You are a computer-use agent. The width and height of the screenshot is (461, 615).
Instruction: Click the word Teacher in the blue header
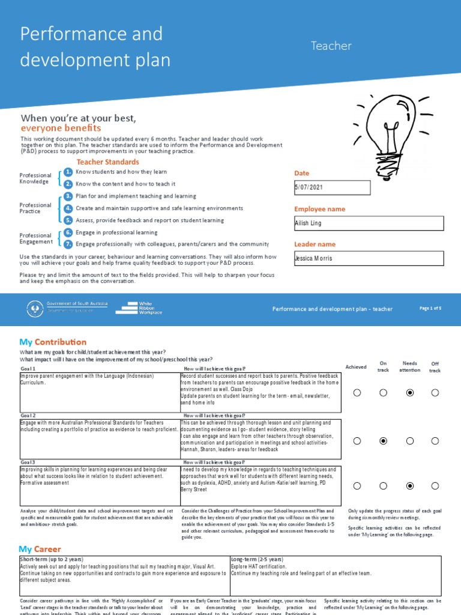click(331, 46)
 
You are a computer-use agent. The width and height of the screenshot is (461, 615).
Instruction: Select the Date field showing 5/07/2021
click(332, 187)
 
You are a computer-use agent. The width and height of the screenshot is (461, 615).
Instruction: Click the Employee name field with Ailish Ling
click(369, 223)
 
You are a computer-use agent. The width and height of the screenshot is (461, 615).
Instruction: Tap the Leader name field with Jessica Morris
click(369, 258)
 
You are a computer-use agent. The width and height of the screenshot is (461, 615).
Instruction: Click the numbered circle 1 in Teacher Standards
click(68, 172)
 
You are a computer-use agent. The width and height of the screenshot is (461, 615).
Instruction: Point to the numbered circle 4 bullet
click(68, 208)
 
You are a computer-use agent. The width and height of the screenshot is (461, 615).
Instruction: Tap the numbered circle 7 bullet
click(68, 244)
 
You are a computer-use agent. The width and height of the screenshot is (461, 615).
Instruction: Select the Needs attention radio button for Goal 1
click(410, 393)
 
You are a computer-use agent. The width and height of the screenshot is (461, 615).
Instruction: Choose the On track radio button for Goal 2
click(384, 441)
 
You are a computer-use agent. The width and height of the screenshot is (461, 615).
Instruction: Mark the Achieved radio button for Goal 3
click(357, 486)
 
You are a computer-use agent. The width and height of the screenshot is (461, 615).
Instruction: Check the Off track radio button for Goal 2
click(435, 441)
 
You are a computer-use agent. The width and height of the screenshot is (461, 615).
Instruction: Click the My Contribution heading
click(53, 342)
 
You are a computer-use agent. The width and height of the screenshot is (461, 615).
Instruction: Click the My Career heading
click(40, 549)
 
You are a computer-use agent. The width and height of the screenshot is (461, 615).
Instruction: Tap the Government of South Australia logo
click(67, 308)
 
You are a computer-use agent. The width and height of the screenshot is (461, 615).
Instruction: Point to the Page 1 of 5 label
click(430, 308)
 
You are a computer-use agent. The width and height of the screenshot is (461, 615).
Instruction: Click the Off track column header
click(435, 367)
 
